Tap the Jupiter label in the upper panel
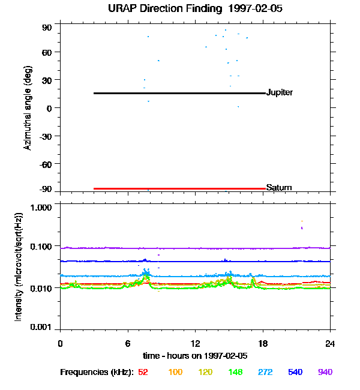pyautogui.click(x=280, y=93)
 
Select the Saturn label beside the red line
pyautogui.click(x=278, y=188)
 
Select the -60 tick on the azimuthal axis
pyautogui.click(x=46, y=164)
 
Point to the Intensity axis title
pyautogui.click(x=19, y=267)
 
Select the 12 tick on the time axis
pyautogui.click(x=196, y=343)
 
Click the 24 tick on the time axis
pyautogui.click(x=331, y=343)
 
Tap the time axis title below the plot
pyautogui.click(x=195, y=356)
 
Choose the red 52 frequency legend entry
pyautogui.click(x=143, y=372)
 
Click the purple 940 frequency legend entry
pyautogui.click(x=325, y=372)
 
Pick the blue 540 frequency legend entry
pyautogui.click(x=295, y=372)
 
